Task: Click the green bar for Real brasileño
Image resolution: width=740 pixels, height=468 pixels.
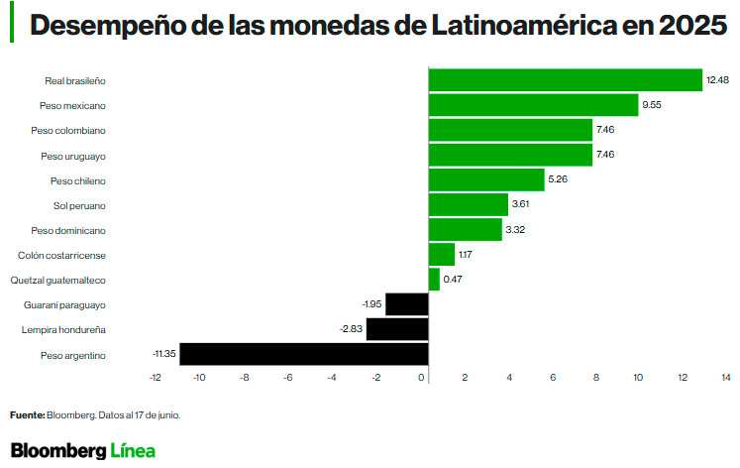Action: (x=565, y=80)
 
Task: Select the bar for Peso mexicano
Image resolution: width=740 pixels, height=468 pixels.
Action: (x=533, y=105)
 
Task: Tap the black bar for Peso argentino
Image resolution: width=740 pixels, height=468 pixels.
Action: (x=303, y=354)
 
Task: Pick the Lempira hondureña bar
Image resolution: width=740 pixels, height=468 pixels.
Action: (x=396, y=329)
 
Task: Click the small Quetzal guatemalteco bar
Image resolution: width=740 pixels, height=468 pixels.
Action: (x=434, y=280)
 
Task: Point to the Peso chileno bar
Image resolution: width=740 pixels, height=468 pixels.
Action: (x=486, y=180)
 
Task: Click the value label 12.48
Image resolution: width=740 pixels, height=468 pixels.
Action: (x=716, y=79)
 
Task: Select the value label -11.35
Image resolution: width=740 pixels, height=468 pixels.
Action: (x=163, y=354)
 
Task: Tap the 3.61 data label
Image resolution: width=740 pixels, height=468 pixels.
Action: (x=521, y=205)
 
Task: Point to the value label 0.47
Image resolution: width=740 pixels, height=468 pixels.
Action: (x=453, y=280)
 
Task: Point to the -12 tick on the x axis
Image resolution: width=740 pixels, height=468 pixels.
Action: (x=155, y=378)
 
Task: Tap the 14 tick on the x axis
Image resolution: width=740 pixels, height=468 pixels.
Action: (x=725, y=378)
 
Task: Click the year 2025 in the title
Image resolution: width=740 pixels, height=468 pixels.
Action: (x=690, y=25)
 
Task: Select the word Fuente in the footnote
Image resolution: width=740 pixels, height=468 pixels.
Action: (x=27, y=415)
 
